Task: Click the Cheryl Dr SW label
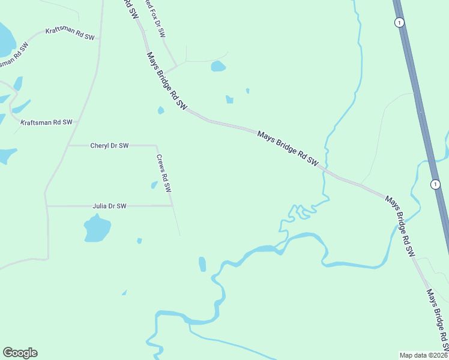point(109,145)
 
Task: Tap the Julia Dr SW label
point(109,206)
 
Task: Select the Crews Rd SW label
point(164,173)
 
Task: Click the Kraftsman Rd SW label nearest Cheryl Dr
point(46,122)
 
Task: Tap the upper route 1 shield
point(399,22)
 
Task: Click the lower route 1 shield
point(434,183)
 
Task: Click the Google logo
point(20,353)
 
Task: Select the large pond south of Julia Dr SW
point(97,229)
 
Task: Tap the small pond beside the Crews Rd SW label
point(154,185)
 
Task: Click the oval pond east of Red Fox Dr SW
point(218,66)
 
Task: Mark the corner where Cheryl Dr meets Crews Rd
point(157,145)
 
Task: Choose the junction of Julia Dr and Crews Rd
point(172,206)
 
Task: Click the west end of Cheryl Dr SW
point(68,145)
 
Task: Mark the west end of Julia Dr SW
point(47,206)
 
